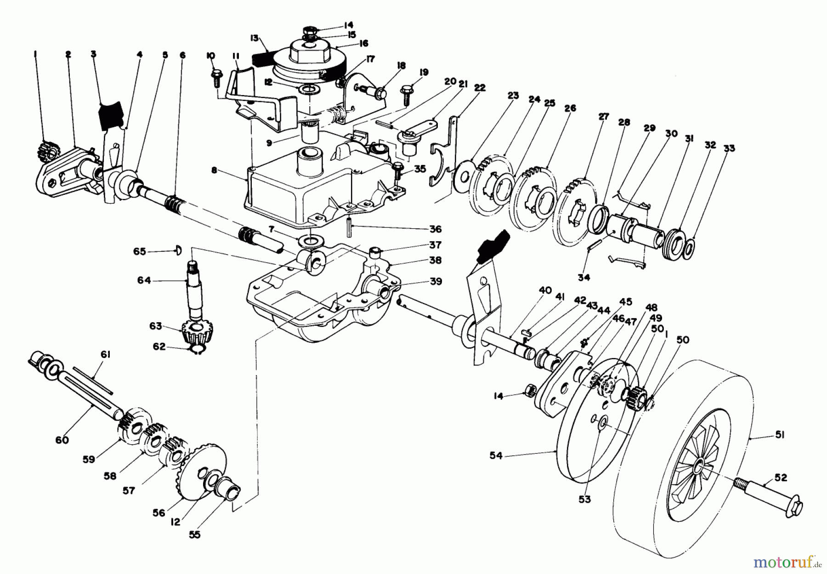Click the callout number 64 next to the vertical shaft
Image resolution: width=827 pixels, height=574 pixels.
pos(144,280)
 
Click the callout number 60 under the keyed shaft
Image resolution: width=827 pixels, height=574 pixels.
pos(62,440)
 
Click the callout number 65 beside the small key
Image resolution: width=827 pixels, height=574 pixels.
pos(140,251)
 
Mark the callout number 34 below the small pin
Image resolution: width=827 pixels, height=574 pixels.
pos(583,278)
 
